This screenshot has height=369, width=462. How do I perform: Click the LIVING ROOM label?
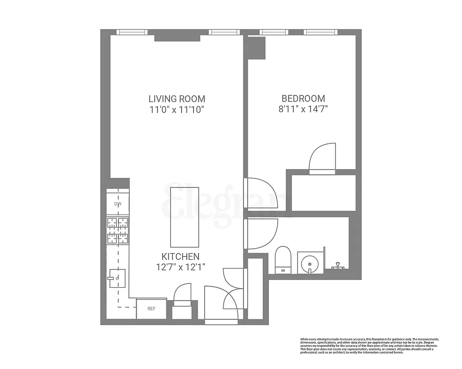[x=176, y=99]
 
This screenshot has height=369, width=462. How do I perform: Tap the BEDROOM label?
[x=303, y=99]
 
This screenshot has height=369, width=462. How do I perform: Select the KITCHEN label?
[x=180, y=256]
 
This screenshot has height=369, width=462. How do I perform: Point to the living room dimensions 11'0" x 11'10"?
[x=176, y=110]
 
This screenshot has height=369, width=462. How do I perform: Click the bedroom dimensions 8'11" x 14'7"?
[x=303, y=110]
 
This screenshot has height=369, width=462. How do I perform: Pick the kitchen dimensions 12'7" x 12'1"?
[x=180, y=267]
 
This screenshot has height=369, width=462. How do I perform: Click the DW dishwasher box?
[x=118, y=204]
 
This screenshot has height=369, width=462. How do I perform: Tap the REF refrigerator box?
[x=151, y=309]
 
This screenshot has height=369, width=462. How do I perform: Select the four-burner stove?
[x=118, y=230]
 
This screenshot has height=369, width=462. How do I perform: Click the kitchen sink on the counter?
[x=117, y=278]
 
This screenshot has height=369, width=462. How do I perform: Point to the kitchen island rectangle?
[x=185, y=217]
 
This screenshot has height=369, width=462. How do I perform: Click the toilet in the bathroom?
[x=282, y=260]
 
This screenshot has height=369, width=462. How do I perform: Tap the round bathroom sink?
[x=308, y=264]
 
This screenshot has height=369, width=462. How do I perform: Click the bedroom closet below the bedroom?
[x=323, y=192]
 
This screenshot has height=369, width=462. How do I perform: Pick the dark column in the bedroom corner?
[x=256, y=48]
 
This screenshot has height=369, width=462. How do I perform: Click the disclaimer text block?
[x=369, y=345]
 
